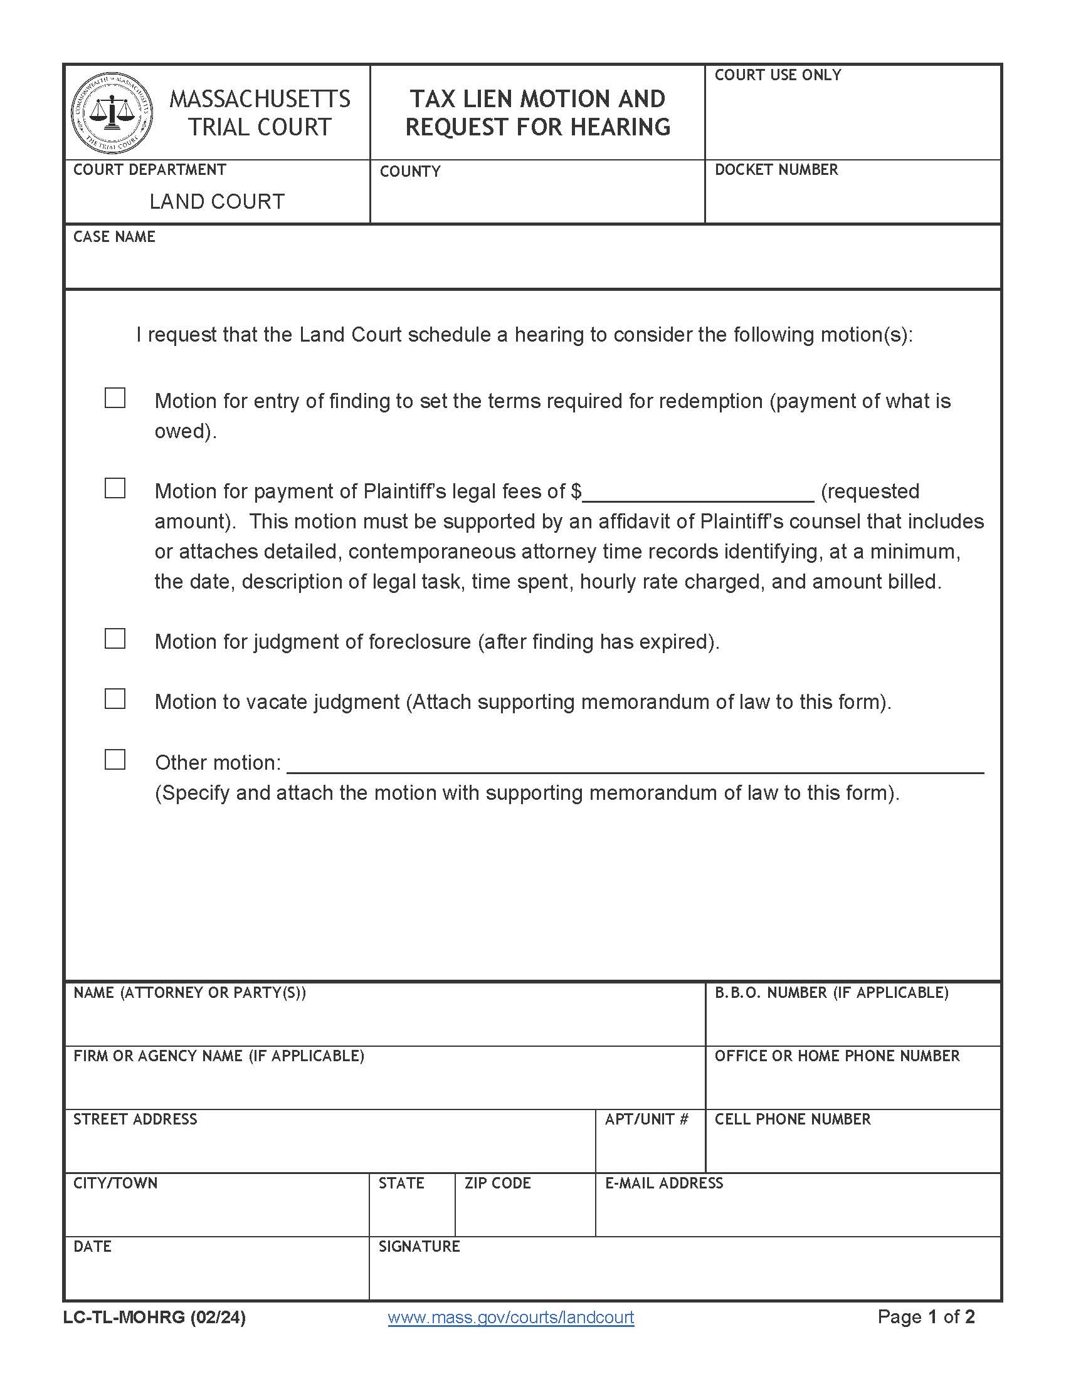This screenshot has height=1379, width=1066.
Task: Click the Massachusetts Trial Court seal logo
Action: [x=112, y=112]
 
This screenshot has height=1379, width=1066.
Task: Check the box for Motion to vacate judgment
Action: [x=114, y=699]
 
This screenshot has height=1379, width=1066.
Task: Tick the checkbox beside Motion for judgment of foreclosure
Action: [x=114, y=639]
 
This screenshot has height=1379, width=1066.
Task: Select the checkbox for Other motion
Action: [x=114, y=760]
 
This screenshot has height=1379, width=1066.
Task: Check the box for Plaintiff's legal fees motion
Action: [x=114, y=488]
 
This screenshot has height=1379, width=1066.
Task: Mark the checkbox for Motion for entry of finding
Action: [x=114, y=398]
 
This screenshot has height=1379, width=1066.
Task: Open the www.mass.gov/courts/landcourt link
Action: [x=510, y=1317]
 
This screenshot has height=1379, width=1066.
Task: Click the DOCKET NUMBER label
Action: [x=776, y=170]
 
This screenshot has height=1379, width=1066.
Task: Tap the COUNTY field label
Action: [x=410, y=172]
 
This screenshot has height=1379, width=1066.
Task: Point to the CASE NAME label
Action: [x=114, y=237]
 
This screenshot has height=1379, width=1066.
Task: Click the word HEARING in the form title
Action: [x=620, y=127]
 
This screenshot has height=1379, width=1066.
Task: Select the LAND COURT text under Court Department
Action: [x=216, y=201]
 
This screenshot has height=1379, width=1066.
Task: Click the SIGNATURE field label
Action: [x=419, y=1246]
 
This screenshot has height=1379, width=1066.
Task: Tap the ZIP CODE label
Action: [x=498, y=1183]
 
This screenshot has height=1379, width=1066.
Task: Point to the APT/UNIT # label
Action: [x=646, y=1119]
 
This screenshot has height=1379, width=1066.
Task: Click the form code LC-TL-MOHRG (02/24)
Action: [x=154, y=1317]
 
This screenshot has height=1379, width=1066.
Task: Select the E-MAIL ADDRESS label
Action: [x=663, y=1183]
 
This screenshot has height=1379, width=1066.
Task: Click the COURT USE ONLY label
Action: [x=778, y=75]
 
